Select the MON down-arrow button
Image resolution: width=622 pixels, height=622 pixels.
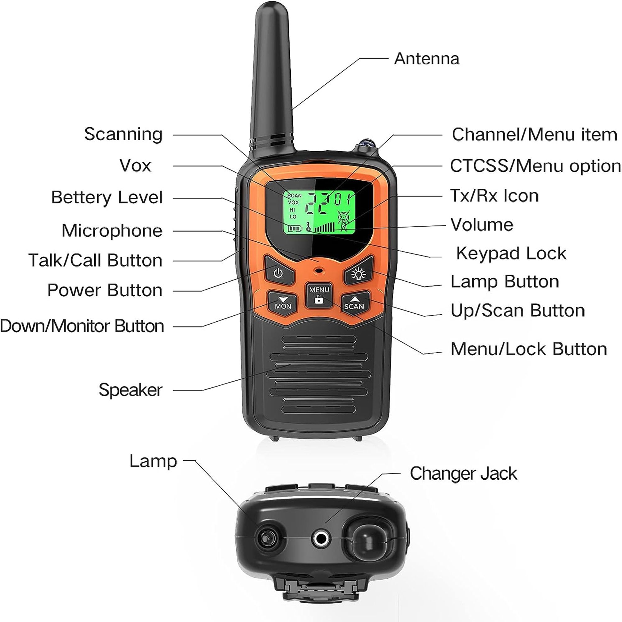[x=283, y=303]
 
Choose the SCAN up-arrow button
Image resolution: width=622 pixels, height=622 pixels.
[x=354, y=303]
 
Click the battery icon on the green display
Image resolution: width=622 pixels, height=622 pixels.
[x=295, y=228]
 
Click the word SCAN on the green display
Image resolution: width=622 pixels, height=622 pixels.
[x=294, y=195]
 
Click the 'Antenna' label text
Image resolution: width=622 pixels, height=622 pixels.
[x=427, y=58]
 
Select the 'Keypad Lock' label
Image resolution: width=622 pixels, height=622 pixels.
[x=511, y=253]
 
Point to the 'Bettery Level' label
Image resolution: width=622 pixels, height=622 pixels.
[x=107, y=197]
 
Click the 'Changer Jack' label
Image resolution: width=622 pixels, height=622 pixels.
[x=463, y=474]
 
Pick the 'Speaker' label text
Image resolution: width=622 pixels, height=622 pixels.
[x=130, y=390]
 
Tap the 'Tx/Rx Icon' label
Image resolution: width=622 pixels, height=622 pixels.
[x=494, y=195]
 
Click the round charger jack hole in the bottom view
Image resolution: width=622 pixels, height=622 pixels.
[x=321, y=538]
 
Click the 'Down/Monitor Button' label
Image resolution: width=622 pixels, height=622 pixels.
[x=82, y=326]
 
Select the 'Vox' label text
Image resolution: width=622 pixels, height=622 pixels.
[x=135, y=165]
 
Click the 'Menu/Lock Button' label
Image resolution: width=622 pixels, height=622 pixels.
[x=529, y=349]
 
